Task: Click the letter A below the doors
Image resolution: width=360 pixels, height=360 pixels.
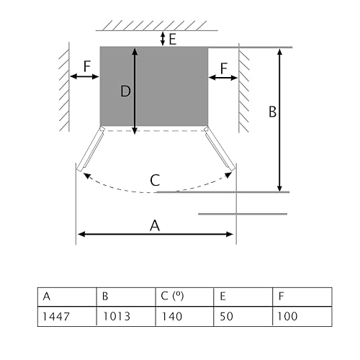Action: point(155,225)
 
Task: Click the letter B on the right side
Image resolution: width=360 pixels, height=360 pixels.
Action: point(273,112)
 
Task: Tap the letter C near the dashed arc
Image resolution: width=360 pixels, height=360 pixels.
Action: point(155,180)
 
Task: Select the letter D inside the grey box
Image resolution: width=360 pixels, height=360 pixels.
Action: point(125,91)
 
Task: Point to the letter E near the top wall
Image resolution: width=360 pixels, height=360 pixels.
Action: point(173,39)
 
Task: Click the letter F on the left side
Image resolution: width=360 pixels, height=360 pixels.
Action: point(86,66)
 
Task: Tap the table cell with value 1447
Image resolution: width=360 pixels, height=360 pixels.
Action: point(67,315)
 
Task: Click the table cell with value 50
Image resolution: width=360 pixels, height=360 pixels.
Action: point(243,315)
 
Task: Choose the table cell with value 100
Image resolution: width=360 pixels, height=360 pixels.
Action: point(302,315)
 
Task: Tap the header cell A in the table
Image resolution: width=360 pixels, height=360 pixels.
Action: point(67,296)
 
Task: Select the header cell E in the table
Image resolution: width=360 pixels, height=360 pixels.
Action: point(243,296)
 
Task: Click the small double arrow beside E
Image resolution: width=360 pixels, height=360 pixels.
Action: point(163,39)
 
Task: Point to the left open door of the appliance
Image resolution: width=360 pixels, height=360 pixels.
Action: point(90,150)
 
